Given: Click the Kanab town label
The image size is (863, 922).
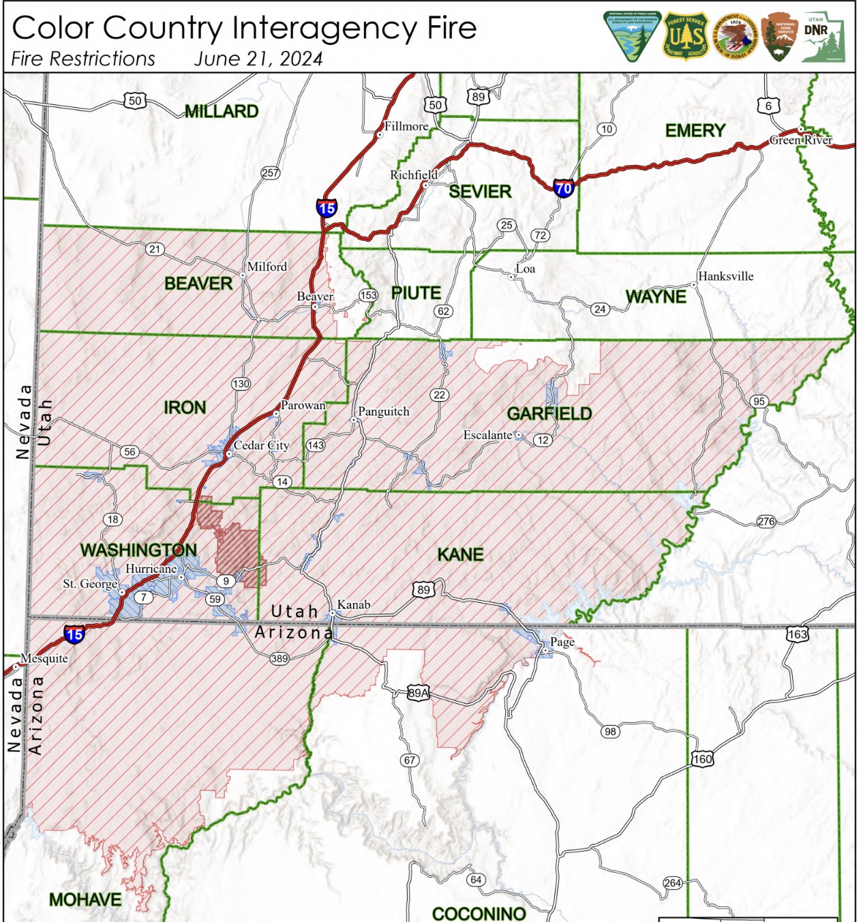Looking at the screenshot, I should (x=354, y=605).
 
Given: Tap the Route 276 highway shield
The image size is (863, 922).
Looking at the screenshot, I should (x=766, y=522).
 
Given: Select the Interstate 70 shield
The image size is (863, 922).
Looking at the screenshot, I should (x=564, y=188).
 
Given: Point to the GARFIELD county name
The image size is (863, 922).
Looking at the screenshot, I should (x=549, y=414).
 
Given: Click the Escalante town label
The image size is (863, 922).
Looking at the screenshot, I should (x=487, y=435).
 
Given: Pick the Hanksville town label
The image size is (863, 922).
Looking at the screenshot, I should (x=725, y=276).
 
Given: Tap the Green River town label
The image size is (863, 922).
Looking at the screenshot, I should (x=801, y=140).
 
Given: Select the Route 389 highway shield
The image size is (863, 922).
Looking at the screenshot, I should (x=279, y=659).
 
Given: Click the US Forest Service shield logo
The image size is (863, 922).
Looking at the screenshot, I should (x=686, y=36).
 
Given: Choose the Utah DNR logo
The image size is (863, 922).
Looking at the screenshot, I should (x=822, y=37).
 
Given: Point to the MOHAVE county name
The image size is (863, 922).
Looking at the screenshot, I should (x=85, y=900).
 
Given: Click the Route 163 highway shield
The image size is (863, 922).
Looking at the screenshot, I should (x=797, y=634).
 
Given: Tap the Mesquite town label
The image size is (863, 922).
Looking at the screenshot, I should (x=44, y=659).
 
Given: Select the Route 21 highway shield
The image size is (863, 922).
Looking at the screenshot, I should (x=155, y=250).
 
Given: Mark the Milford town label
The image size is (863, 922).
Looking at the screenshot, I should (x=267, y=267).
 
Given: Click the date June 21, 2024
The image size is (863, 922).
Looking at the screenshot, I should (x=258, y=59).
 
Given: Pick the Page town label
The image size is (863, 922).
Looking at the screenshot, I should (x=562, y=642).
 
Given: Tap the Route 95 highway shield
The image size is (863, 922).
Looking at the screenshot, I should (x=759, y=401).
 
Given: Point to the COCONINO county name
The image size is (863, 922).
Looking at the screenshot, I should (x=479, y=913).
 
